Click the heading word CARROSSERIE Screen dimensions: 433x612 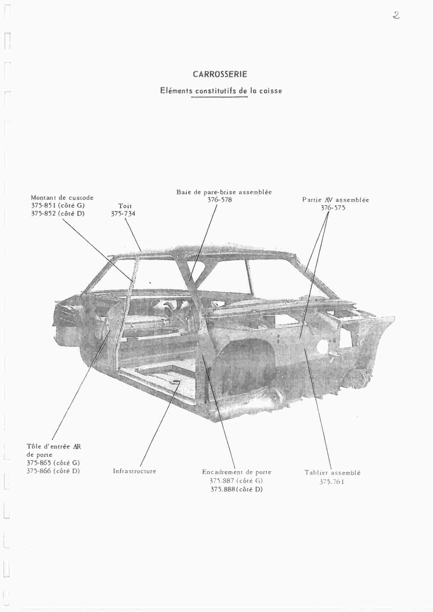tap(220, 74)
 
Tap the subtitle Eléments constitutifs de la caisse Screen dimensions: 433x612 tap(221, 91)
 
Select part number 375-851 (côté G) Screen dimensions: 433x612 tap(58, 205)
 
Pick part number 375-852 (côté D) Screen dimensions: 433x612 tap(58, 214)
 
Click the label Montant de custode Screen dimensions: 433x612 tap(62, 198)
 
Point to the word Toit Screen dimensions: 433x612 tap(125, 206)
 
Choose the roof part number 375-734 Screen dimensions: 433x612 tap(123, 214)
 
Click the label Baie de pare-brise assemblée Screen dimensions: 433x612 tap(224, 192)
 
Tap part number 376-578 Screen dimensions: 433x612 tap(220, 200)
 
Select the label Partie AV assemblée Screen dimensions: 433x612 tap(336, 200)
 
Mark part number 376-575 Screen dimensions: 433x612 tap(333, 208)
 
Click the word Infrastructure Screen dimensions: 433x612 tap(135, 471)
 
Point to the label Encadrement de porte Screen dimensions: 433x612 tap(237, 472)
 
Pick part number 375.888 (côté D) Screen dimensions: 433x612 tap(237, 489)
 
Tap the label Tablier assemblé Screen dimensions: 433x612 tap(333, 473)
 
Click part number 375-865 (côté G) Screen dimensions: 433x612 tap(53, 463)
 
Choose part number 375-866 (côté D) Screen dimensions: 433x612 tap(53, 471)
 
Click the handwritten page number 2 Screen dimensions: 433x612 tap(396, 15)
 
